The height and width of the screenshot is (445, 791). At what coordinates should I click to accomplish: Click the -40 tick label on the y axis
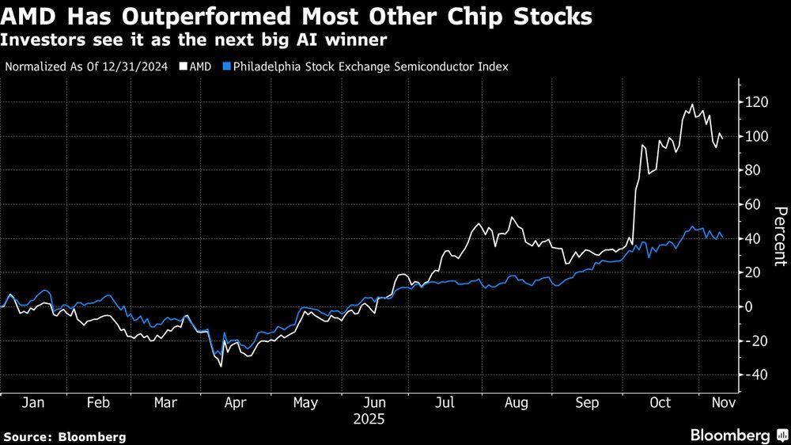tap(756, 375)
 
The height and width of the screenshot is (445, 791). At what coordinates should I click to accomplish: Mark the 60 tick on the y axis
tap(754, 204)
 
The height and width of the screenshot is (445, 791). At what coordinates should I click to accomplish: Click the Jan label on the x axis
tap(33, 403)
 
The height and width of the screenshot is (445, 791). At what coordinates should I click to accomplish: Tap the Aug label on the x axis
tap(516, 403)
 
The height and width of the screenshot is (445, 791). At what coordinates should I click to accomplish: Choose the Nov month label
tap(721, 403)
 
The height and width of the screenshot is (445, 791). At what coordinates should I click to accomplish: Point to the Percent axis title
tap(780, 235)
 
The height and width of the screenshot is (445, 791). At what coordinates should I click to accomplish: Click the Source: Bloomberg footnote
tap(65, 436)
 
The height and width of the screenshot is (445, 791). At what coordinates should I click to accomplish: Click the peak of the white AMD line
tap(693, 105)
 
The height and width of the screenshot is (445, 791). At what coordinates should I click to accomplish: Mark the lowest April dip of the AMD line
tap(221, 366)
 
